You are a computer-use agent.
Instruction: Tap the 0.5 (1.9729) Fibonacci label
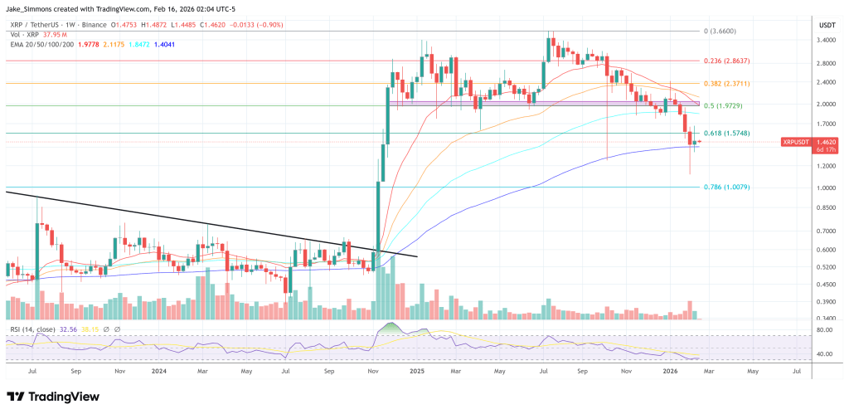(724, 105)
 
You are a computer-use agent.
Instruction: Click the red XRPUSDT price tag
(796, 143)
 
